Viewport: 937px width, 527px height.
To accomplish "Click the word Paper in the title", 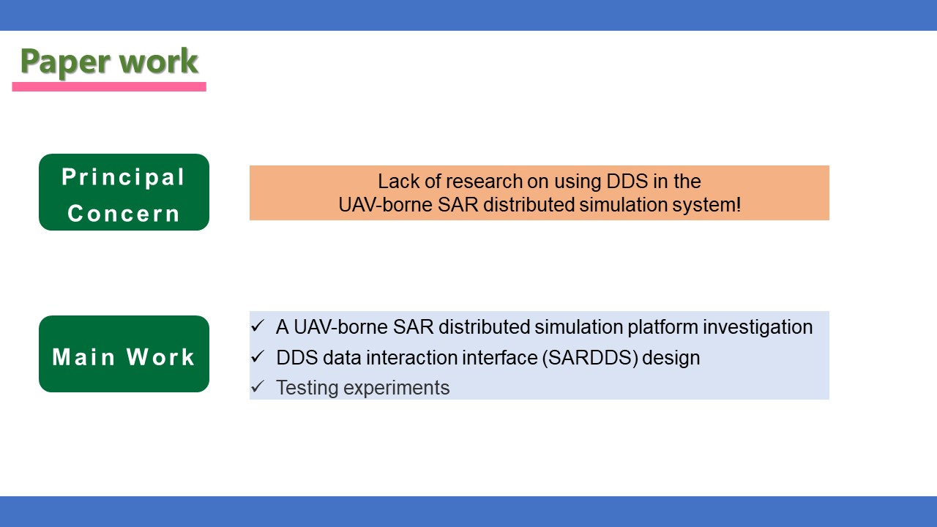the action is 66,62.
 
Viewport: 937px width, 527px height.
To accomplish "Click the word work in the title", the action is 159,61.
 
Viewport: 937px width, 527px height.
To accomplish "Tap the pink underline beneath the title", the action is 109,86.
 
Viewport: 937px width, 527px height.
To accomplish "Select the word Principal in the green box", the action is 123,177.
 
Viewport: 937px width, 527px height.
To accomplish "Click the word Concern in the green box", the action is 124,213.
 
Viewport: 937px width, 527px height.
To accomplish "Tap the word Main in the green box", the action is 83,357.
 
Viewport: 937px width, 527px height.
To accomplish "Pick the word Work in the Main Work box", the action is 160,357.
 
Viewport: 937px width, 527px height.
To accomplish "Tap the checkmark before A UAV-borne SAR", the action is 258,326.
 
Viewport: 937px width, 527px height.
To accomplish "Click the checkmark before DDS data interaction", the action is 258,356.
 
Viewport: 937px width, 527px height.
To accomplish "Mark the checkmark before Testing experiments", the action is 258,387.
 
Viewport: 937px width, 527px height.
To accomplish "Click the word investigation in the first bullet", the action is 758,327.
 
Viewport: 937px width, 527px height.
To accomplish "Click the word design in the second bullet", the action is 671,359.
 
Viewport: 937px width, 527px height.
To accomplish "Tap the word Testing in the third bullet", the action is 307,388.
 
